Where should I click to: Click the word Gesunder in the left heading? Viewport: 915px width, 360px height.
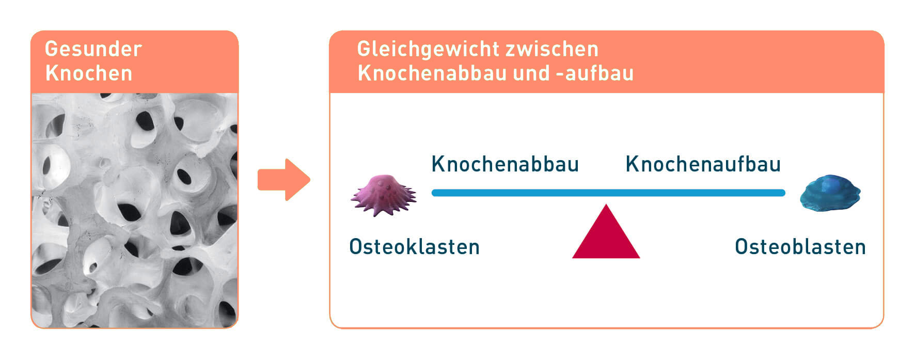(93, 49)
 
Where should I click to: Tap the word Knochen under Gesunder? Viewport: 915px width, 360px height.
(89, 73)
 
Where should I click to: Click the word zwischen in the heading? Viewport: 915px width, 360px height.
(552, 49)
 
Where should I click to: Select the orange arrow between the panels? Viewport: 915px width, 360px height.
(284, 180)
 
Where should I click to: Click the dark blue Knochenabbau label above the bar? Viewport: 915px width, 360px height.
(505, 164)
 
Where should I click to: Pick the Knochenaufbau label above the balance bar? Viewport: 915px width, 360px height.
(703, 164)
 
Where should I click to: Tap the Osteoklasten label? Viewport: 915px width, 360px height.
(415, 247)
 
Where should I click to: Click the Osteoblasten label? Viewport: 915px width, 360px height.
(800, 247)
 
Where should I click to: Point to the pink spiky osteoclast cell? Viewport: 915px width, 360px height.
(384, 195)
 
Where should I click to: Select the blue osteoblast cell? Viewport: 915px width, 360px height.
(830, 193)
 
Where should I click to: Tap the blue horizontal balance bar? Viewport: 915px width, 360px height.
(608, 193)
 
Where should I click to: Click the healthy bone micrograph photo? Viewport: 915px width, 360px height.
(135, 210)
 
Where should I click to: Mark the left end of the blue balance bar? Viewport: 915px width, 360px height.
(433, 193)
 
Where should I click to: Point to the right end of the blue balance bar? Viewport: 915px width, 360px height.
(784, 193)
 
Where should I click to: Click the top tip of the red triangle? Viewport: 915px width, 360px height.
(607, 205)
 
